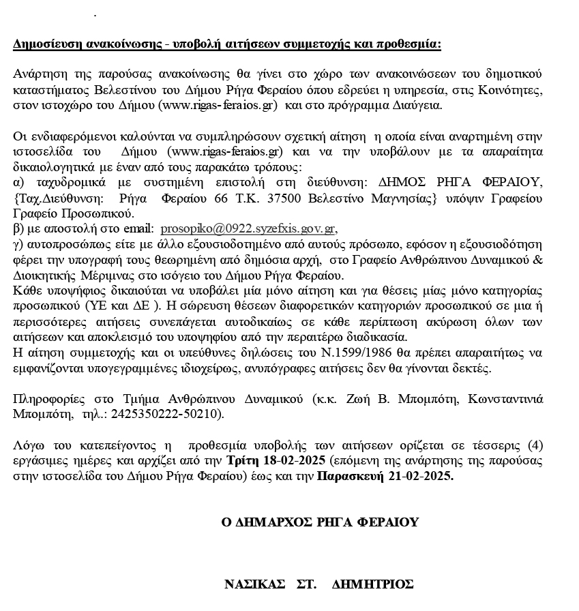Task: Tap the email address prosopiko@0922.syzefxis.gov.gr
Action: click(x=248, y=228)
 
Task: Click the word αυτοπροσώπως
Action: click(x=60, y=243)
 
